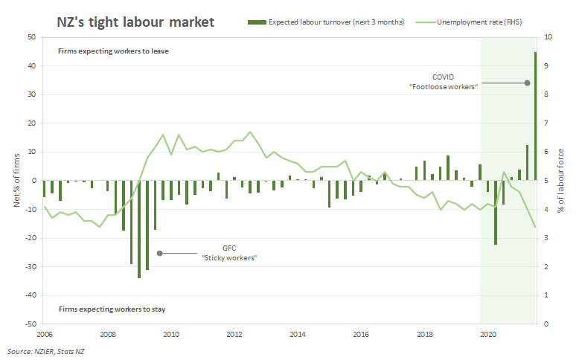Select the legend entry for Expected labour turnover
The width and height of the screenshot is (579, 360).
330,22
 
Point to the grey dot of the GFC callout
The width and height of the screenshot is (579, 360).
159,253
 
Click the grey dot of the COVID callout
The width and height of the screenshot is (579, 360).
527,83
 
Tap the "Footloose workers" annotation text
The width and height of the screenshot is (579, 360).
444,87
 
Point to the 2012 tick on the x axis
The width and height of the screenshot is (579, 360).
234,334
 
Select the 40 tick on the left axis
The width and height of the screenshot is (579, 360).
32,65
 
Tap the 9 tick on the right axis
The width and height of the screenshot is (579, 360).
548,65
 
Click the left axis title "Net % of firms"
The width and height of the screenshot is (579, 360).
16,181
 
